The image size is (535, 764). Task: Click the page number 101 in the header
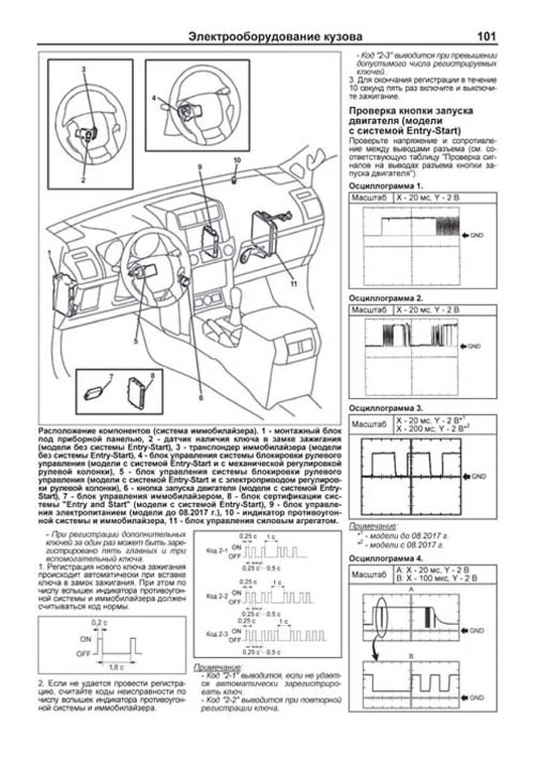click(x=486, y=37)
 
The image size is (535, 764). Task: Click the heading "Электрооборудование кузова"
click(x=275, y=37)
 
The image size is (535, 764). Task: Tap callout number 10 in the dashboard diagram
click(x=237, y=160)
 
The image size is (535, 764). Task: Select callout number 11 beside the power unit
click(x=293, y=284)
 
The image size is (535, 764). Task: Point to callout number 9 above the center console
click(x=200, y=167)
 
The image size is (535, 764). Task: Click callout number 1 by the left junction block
click(x=49, y=253)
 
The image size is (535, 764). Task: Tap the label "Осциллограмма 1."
click(x=386, y=186)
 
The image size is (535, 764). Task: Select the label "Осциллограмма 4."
click(x=386, y=558)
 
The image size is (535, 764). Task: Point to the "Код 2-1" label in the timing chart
click(x=217, y=551)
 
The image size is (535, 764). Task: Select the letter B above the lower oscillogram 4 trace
click(x=411, y=656)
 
